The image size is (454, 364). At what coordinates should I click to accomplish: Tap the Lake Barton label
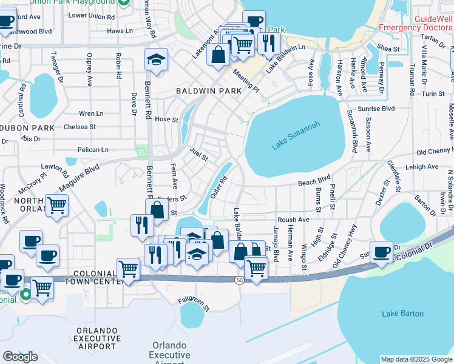398,314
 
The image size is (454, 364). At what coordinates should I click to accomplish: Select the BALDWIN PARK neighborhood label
208,90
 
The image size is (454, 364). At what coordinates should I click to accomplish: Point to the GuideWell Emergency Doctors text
416,23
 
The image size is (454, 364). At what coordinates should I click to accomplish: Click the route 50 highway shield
240,279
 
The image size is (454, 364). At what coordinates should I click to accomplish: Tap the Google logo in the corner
20,357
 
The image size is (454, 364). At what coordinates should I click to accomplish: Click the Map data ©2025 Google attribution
416,359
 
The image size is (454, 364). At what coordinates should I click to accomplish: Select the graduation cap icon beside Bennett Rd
156,61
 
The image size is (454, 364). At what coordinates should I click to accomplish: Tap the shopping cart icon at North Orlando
56,206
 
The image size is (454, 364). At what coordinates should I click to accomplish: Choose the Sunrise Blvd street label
378,108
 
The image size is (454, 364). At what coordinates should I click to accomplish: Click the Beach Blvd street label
314,183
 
